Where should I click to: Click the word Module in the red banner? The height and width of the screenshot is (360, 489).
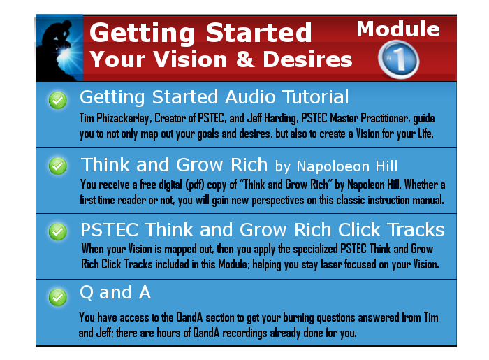pos(398,29)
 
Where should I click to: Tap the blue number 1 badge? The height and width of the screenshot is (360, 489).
pos(398,59)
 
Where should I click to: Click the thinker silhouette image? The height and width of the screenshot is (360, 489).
pos(59,48)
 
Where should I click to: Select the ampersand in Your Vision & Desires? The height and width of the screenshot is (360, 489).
pos(245,59)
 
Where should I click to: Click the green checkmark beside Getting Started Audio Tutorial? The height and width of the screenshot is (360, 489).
pos(58,100)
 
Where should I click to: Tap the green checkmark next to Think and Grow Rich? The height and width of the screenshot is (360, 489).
pos(58,166)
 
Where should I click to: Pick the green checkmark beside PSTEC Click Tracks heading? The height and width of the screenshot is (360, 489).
pos(58,232)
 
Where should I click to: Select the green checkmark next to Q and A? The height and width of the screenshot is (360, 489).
pos(58,297)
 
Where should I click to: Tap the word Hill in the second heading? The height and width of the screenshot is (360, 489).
pos(386,166)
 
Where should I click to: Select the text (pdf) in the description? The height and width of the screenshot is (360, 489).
pos(195,185)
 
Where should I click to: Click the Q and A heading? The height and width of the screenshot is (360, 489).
pos(115,293)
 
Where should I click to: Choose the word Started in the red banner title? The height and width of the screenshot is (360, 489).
pos(258,32)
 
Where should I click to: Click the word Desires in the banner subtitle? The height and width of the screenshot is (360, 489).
pos(307,59)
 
